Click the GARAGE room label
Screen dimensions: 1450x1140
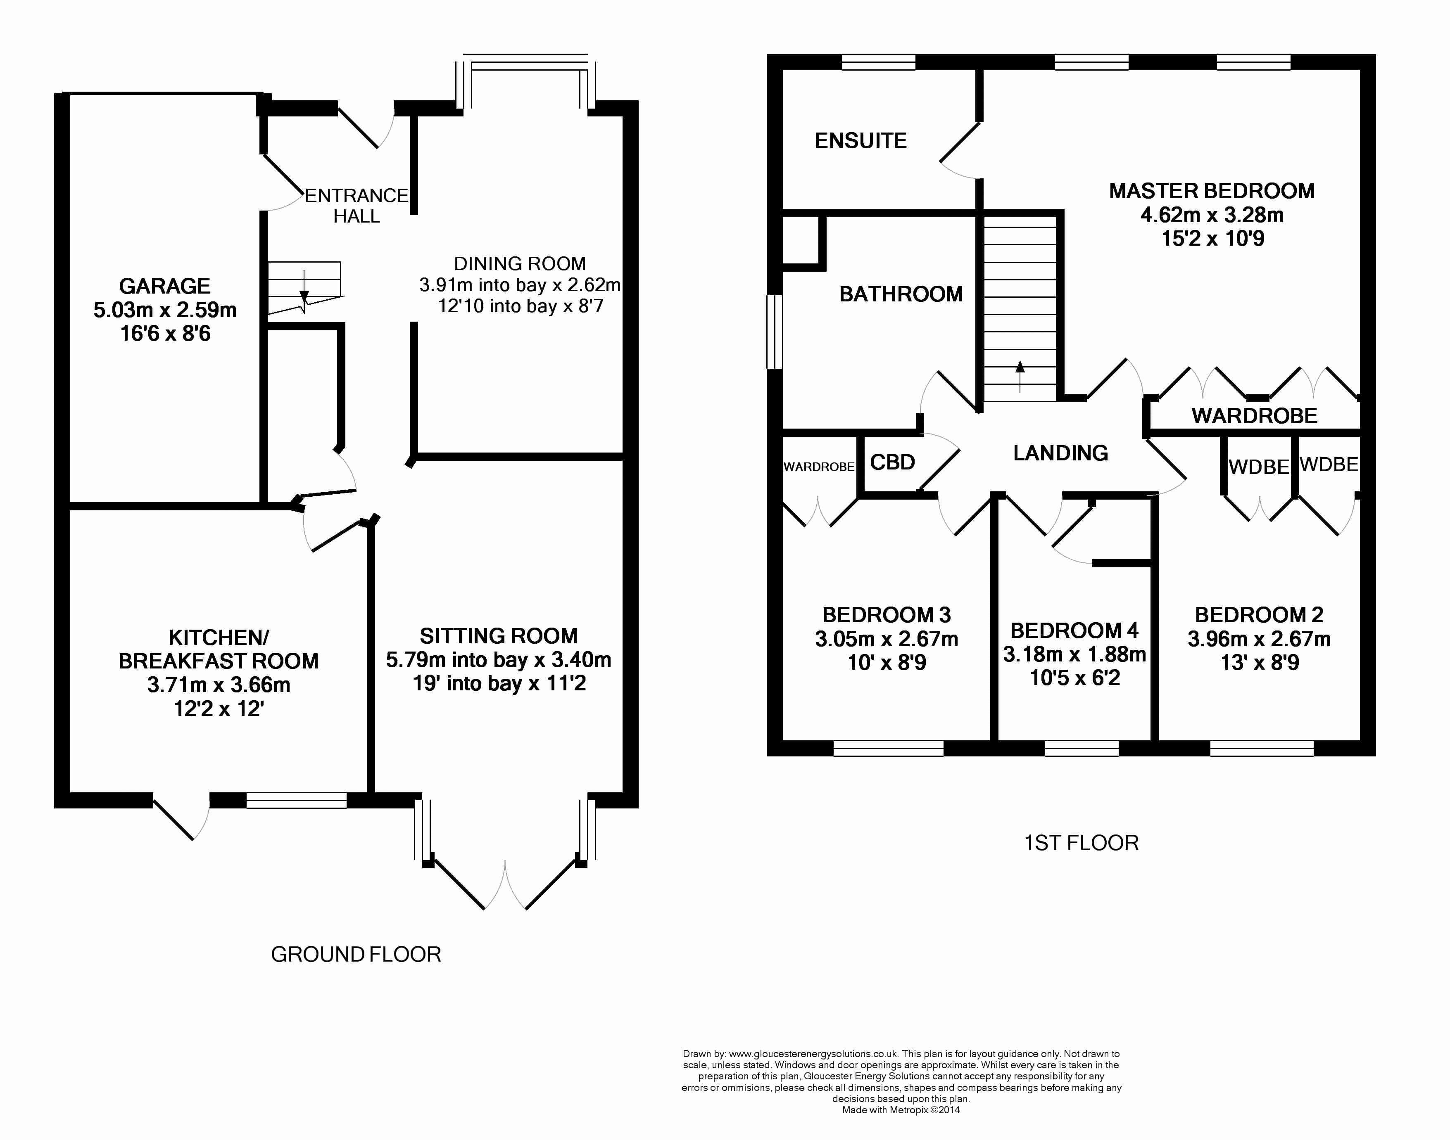(164, 286)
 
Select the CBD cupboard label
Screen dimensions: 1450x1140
(892, 462)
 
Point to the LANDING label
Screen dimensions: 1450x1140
(1060, 453)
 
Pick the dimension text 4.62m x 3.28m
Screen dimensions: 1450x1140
(1212, 215)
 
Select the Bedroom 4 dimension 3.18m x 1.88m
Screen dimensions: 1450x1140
(1074, 654)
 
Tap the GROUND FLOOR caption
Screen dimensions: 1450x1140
(356, 955)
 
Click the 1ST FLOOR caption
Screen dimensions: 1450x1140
(1082, 843)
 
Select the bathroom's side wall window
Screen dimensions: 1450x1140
(774, 332)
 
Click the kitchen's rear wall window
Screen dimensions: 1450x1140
(297, 800)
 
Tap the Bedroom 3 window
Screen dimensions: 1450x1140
(888, 748)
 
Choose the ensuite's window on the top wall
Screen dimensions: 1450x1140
(878, 62)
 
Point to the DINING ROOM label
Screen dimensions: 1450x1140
(520, 264)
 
